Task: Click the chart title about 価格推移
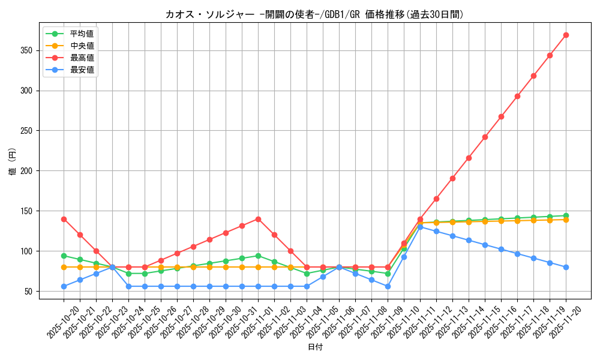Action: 314,14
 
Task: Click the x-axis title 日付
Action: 315,347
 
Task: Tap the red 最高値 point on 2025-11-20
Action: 566,35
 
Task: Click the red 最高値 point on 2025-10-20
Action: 64,219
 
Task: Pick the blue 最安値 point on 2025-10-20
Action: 64,286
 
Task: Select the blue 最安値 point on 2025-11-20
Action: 566,267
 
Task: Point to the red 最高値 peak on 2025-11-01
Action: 258,219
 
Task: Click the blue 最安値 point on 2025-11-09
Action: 388,286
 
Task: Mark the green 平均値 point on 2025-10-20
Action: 64,256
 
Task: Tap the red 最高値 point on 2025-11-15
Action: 485,137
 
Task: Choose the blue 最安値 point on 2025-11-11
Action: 420,227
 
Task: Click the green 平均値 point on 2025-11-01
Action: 258,256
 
